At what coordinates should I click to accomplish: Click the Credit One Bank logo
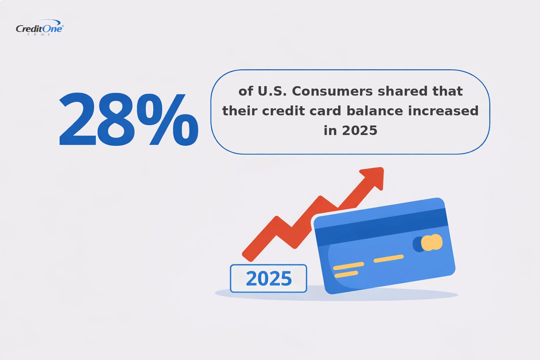pos(39,29)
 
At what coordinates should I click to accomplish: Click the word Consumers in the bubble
pos(332,91)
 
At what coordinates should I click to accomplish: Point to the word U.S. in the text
pos(272,91)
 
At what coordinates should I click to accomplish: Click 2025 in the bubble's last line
pos(360,131)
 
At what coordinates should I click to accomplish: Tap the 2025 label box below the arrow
pos(269,278)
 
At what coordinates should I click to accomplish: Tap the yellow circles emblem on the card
pos(432,243)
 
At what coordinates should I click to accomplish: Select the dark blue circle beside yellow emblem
pos(417,244)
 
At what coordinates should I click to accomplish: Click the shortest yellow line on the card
pos(346,274)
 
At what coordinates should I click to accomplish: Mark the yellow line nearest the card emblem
pos(388,258)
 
